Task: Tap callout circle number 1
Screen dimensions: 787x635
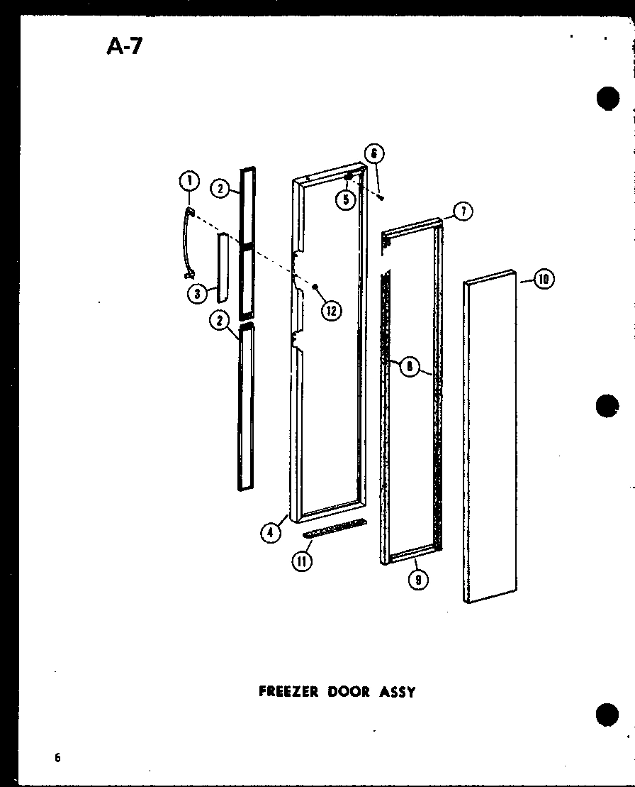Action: [x=188, y=183]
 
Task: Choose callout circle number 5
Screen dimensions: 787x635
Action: [x=346, y=200]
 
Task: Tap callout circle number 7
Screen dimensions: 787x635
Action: [x=463, y=211]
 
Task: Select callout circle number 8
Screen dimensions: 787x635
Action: [x=408, y=366]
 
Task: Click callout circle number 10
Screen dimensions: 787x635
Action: [x=544, y=279]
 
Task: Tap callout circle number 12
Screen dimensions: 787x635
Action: [x=330, y=309]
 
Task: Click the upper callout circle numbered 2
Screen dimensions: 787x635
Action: [x=221, y=189]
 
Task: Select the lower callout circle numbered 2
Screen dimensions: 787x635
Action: [x=220, y=321]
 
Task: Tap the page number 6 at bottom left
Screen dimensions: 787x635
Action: [x=57, y=757]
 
